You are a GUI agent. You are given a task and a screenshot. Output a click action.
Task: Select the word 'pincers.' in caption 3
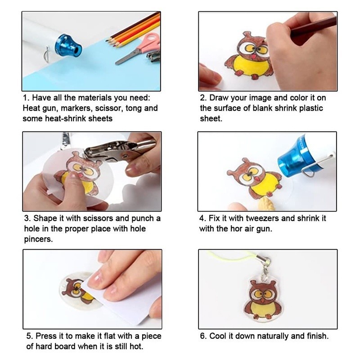[x=38, y=239]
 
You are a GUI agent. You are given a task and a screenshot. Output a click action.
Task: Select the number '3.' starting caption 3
[x=27, y=218]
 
